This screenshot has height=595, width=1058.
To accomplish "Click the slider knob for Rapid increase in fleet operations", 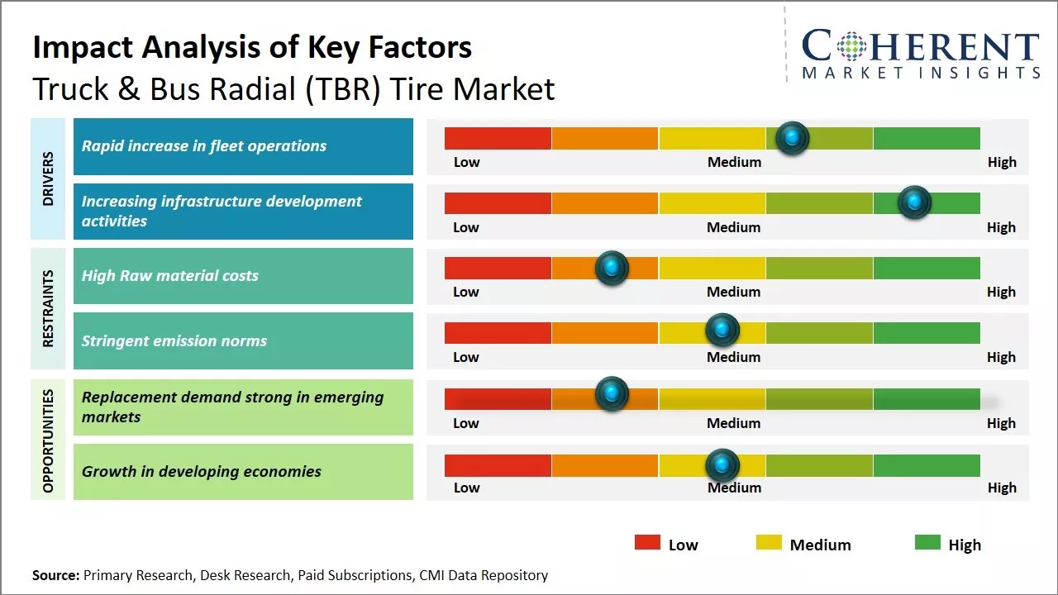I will (x=793, y=138).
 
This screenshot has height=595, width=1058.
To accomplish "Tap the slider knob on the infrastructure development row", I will (x=914, y=202).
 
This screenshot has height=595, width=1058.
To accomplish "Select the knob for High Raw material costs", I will (x=612, y=268).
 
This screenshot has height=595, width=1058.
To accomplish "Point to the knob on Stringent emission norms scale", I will (x=722, y=331).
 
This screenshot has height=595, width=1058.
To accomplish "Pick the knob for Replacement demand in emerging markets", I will (x=612, y=394).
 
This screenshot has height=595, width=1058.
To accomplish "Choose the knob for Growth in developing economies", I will (x=722, y=465).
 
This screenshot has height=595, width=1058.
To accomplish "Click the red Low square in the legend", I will (x=647, y=542).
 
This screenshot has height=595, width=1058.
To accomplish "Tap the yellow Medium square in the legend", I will (x=769, y=542).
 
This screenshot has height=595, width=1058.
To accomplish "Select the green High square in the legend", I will (x=927, y=542).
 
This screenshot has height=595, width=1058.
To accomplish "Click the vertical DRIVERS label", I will (x=48, y=178).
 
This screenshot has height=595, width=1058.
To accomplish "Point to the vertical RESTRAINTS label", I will (x=48, y=308).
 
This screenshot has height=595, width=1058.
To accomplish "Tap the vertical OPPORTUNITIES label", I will (x=48, y=440).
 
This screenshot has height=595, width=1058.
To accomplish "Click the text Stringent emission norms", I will (x=174, y=340).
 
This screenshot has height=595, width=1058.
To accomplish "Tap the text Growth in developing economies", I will (x=201, y=472).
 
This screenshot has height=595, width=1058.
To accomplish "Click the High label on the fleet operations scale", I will (x=1002, y=162).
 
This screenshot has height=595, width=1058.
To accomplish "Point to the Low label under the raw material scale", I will (x=466, y=292).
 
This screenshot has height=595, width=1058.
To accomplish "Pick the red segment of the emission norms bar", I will (x=498, y=332).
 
